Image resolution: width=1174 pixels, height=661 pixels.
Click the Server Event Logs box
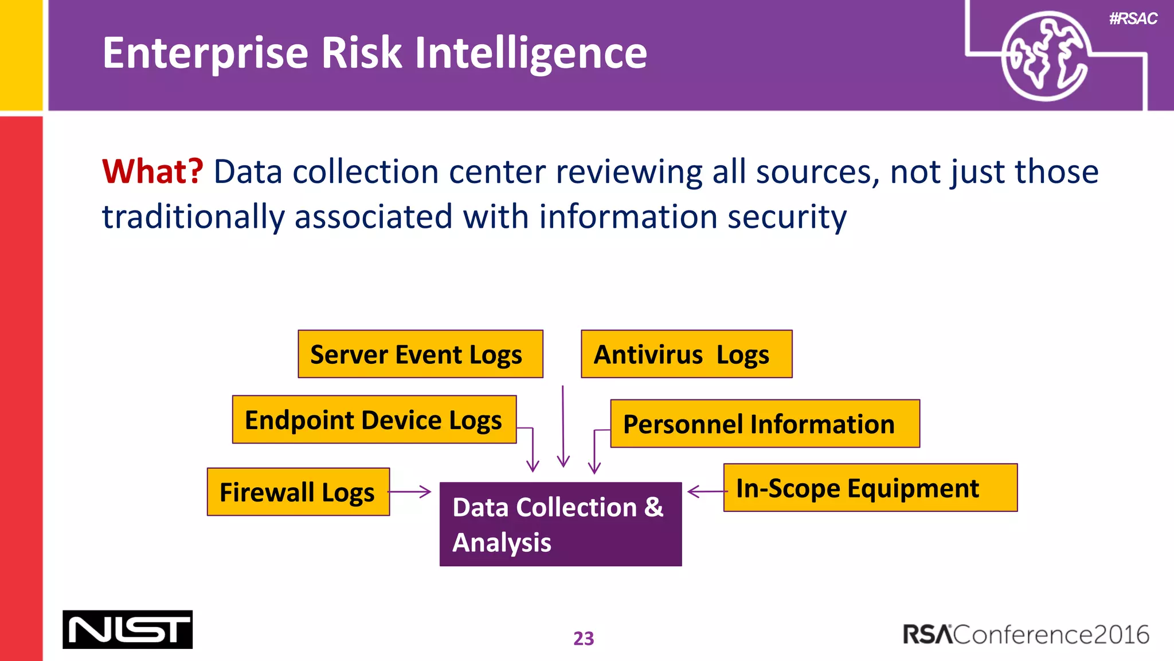point(420,354)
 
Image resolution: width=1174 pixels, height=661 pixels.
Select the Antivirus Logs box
point(686,354)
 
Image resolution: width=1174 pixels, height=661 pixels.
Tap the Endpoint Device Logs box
point(374,419)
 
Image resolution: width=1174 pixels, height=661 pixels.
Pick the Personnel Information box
point(765,424)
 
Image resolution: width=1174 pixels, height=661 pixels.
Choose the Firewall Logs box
point(298,492)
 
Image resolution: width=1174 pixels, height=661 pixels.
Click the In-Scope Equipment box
point(870,488)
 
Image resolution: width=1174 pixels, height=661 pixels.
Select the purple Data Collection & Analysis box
point(560,524)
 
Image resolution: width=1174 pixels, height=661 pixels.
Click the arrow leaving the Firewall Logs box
point(410,492)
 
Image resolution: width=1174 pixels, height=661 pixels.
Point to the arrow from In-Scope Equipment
point(706,492)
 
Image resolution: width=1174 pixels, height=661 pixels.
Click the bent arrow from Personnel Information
point(595,450)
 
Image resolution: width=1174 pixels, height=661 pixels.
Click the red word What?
point(152,172)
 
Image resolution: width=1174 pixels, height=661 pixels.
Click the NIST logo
point(127,629)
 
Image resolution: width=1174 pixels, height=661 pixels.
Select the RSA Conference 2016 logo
point(1026,635)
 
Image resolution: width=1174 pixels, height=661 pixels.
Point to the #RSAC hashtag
point(1133,19)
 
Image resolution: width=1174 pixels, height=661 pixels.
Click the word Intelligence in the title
point(530,53)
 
